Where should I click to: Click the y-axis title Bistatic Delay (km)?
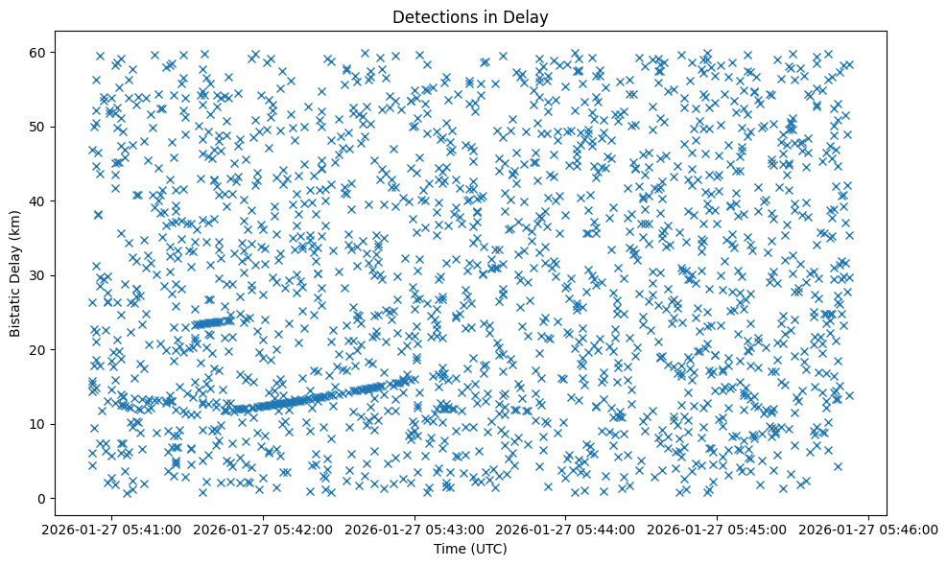15,272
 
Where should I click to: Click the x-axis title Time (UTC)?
470,550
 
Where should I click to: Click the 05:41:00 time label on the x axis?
112,529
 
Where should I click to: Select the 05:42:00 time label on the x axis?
264,529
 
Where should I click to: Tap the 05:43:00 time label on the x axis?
415,529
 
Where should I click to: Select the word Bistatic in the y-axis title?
15,310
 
